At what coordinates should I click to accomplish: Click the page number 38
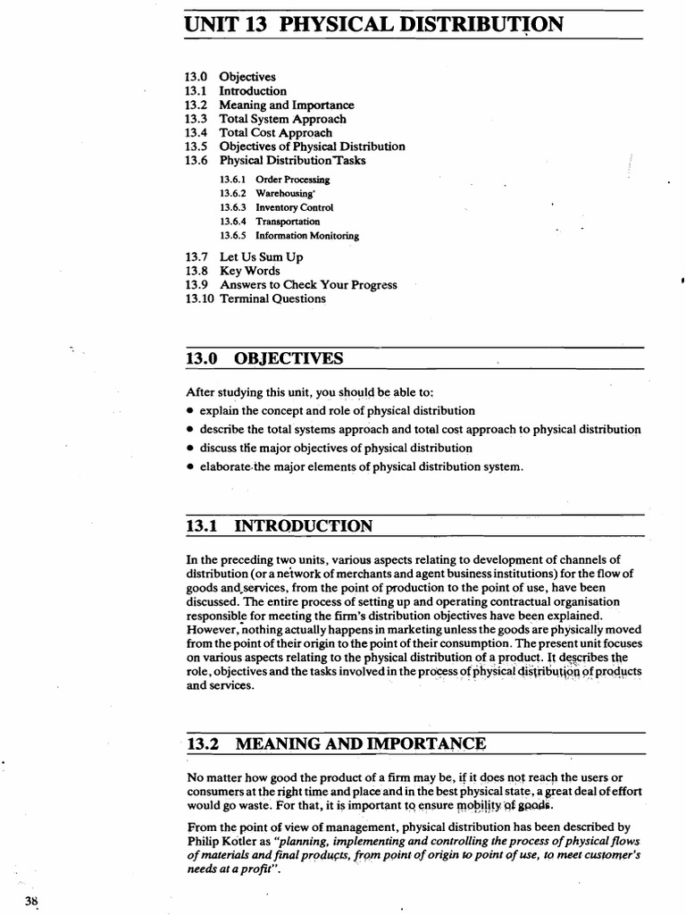(x=32, y=900)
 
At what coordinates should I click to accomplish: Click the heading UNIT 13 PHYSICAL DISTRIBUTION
(x=374, y=24)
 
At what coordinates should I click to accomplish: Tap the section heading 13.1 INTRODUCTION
(x=279, y=526)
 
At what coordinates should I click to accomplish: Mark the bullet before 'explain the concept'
(x=191, y=411)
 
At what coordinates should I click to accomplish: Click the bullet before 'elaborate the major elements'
(x=191, y=466)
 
